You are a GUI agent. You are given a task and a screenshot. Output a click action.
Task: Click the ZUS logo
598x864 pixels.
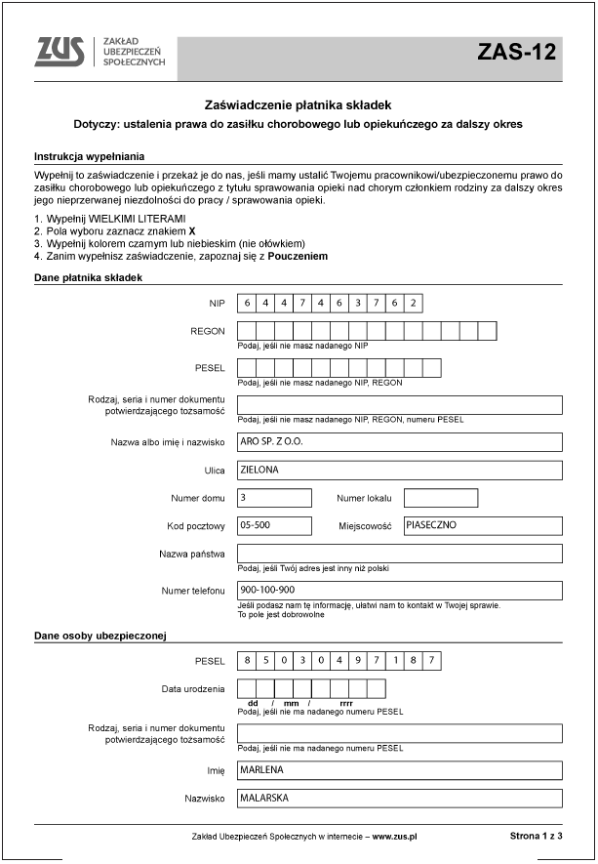click(60, 52)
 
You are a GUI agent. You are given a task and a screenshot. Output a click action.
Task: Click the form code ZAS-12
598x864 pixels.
click(516, 53)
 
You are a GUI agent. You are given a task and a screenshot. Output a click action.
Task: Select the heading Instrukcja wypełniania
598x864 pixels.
click(89, 156)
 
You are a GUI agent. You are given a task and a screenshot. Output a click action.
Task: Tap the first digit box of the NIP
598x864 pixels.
click(247, 303)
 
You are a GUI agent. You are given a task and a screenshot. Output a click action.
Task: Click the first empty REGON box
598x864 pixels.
click(247, 331)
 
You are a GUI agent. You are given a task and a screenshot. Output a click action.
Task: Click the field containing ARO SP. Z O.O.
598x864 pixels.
click(400, 441)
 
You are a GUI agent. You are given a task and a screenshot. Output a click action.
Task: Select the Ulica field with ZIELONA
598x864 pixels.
click(400, 470)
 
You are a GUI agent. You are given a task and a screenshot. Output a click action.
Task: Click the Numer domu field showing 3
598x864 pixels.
click(274, 498)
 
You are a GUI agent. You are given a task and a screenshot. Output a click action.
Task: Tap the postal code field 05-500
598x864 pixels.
click(274, 525)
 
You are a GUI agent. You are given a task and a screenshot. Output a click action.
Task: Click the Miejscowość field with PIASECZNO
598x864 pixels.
click(483, 525)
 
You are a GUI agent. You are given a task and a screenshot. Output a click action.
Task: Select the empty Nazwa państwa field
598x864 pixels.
click(400, 554)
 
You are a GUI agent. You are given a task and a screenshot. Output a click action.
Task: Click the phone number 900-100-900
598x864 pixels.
click(400, 590)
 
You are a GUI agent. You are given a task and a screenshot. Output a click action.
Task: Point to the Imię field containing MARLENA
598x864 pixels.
click(400, 770)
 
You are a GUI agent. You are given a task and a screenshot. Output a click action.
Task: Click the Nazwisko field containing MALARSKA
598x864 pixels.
click(400, 798)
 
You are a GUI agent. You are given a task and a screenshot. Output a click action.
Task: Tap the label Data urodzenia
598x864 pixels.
click(193, 689)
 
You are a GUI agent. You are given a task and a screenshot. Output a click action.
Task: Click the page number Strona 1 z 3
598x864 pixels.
click(536, 837)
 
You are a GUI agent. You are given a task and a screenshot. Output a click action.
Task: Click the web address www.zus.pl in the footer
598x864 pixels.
click(394, 837)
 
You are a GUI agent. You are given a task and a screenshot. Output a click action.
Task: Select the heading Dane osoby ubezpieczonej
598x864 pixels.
click(100, 637)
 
